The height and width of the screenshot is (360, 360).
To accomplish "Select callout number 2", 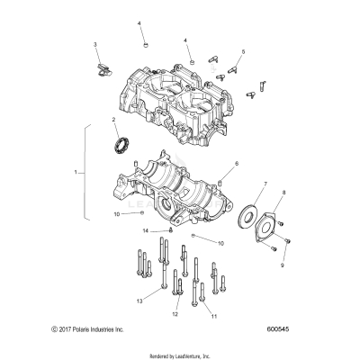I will (x=113, y=120).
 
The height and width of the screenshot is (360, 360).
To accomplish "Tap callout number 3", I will (x=96, y=44).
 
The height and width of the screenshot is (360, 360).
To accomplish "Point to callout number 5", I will (x=241, y=52).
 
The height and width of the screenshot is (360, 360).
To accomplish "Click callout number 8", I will (x=285, y=193).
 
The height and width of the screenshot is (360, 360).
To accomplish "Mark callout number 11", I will (x=213, y=317).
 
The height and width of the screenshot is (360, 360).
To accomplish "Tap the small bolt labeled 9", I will (x=286, y=240).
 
